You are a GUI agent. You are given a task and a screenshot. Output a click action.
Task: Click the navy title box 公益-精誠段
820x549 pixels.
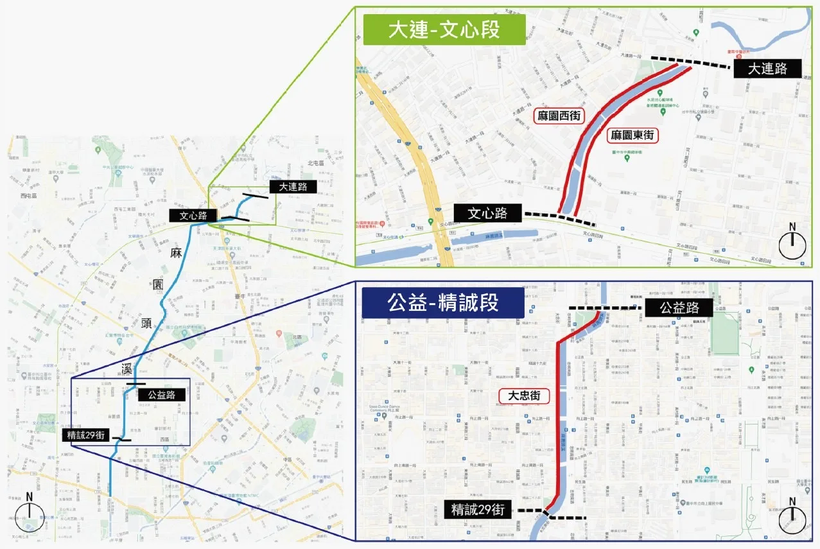coord(443,302)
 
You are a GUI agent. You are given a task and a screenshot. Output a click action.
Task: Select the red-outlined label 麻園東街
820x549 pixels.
coord(632,135)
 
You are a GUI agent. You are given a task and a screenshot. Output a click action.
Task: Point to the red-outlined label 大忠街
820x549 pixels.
coord(525,396)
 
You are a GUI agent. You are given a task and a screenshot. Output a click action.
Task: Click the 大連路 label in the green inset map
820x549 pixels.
coord(769,68)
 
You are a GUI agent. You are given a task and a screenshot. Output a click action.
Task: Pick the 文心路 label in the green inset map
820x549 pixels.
coord(488,213)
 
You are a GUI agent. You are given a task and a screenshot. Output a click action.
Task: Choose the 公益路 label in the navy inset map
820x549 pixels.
coord(679,308)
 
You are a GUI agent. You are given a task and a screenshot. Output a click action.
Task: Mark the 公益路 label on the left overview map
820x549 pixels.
coord(162,395)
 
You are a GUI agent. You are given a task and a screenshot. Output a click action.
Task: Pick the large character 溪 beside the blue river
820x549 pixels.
coord(128,368)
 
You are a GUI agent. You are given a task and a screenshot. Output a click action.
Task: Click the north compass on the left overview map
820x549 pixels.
coord(29,513)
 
